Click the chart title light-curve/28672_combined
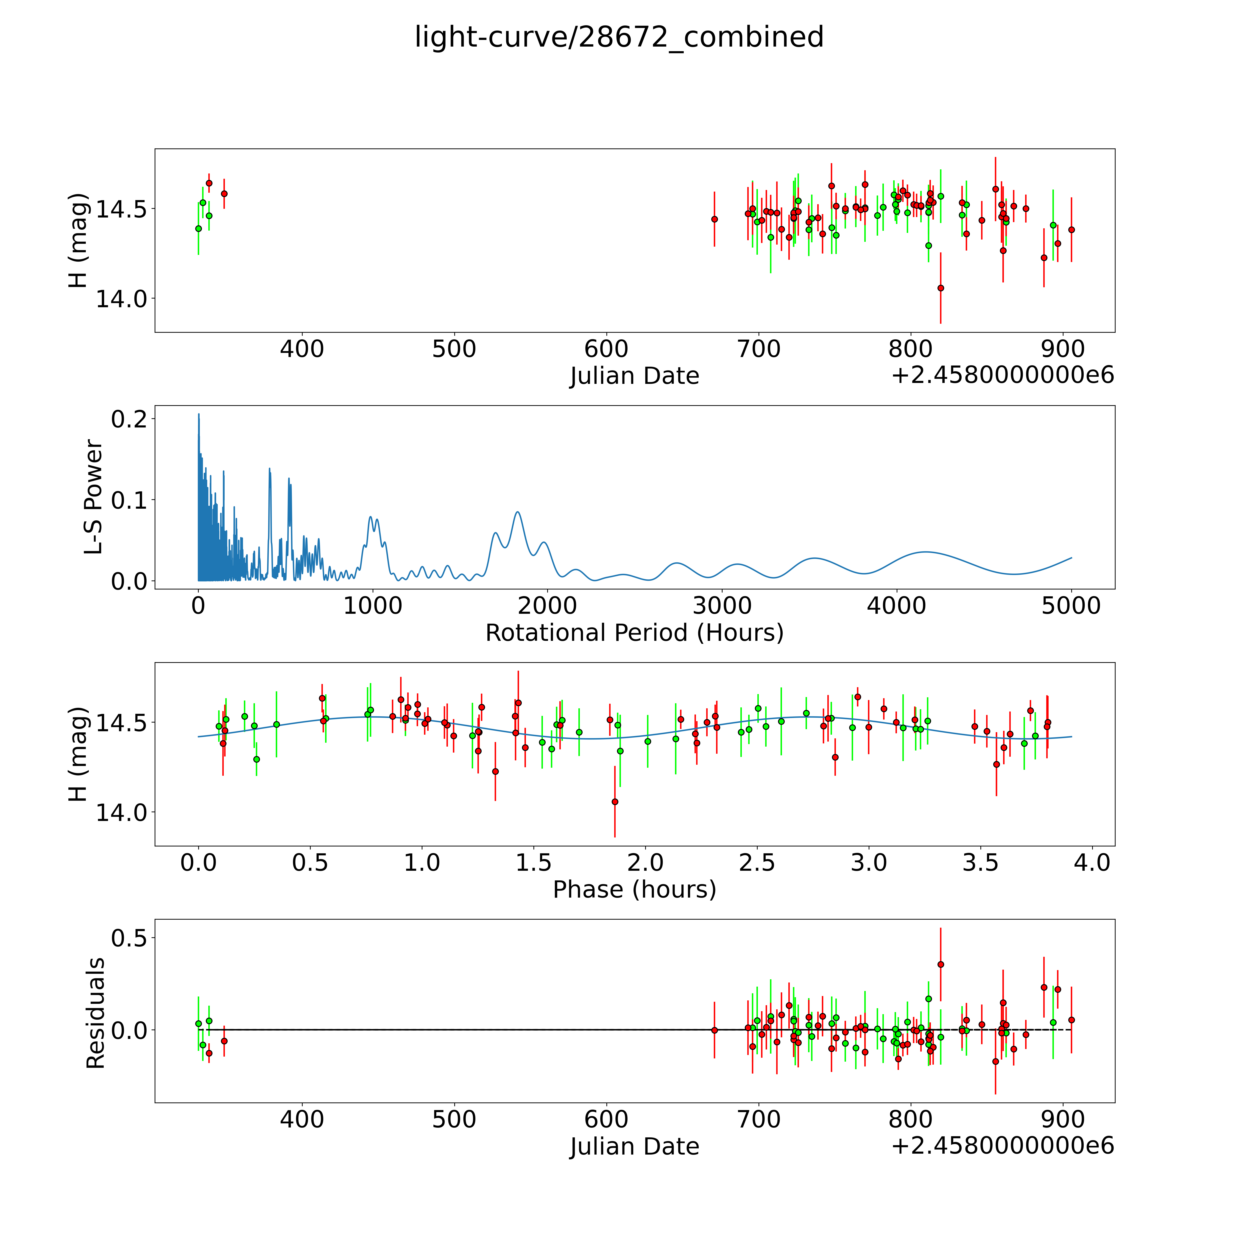[619, 37]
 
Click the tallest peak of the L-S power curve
[199, 414]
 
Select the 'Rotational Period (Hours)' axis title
[634, 633]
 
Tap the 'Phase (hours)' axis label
[634, 890]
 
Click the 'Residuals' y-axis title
[95, 1013]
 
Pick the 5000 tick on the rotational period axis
[1071, 606]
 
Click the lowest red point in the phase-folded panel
[615, 802]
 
